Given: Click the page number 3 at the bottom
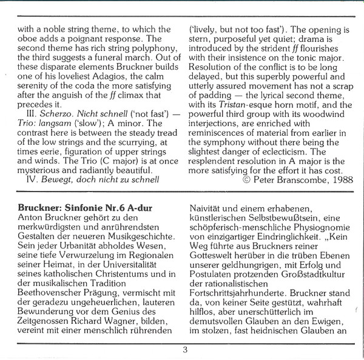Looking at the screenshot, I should [185, 349].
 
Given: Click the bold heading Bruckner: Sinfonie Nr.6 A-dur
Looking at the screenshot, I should [85, 209].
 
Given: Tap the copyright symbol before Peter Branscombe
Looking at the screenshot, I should [246, 181].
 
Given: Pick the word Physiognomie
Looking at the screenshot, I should [318, 231].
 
